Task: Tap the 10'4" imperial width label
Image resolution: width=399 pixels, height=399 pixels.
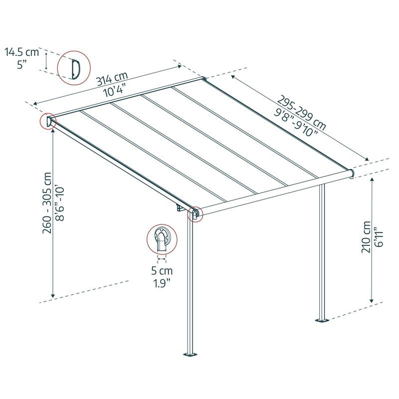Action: tap(114, 92)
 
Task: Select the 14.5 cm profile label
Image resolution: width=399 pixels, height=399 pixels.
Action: tap(21, 51)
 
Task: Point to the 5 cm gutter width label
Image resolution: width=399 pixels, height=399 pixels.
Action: tap(162, 272)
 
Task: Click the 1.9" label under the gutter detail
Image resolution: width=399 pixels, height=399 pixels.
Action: tap(162, 284)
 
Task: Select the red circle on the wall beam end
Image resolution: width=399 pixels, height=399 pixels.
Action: tap(48, 122)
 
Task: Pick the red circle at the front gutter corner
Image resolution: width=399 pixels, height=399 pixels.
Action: tap(194, 214)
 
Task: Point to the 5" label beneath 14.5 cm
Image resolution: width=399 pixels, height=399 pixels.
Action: tap(21, 64)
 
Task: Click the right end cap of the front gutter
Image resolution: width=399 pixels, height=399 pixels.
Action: tap(352, 173)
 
